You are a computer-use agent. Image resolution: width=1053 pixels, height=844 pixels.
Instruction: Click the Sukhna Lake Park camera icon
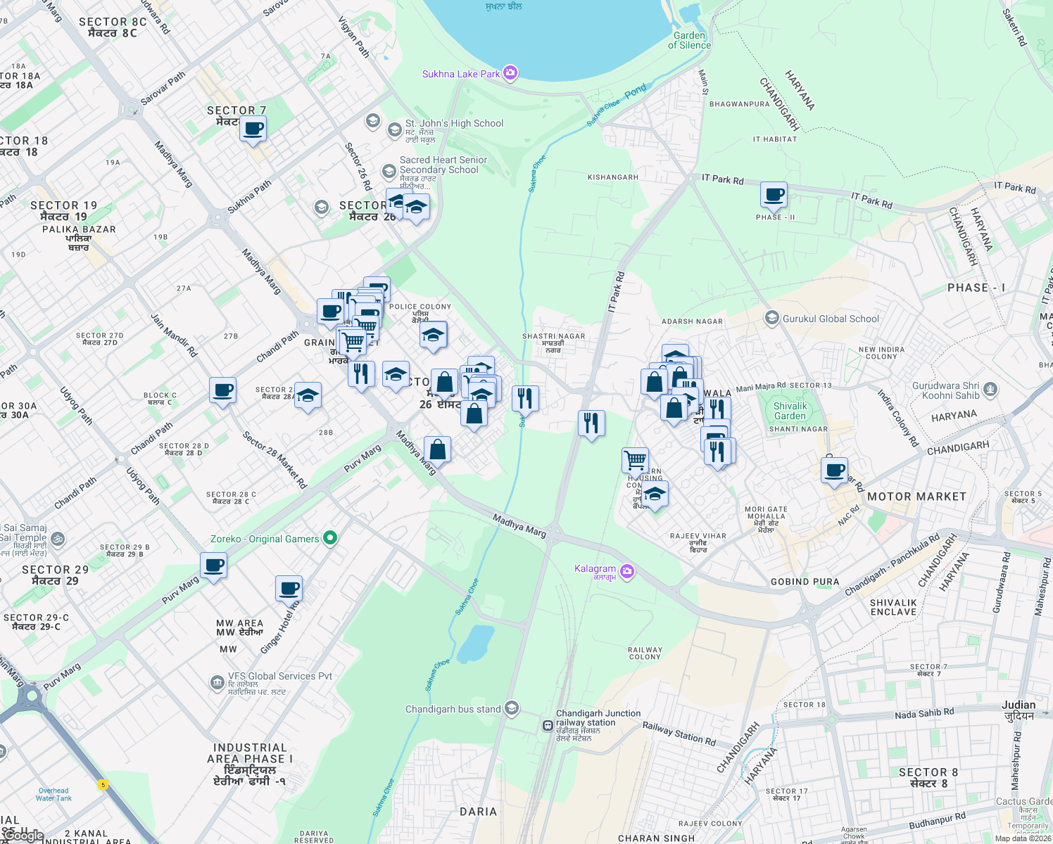point(511,73)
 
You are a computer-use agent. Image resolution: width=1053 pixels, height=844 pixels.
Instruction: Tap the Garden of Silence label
point(689,41)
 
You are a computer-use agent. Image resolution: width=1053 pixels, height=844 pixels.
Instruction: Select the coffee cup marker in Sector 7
point(253,129)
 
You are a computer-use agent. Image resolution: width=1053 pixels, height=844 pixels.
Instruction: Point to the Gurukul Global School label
point(831,319)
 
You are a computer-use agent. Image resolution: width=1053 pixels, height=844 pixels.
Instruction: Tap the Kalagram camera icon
point(626,571)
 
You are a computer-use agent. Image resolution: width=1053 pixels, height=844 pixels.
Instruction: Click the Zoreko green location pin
point(329,539)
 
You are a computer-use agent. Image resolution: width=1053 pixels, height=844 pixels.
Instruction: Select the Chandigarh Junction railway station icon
point(548,725)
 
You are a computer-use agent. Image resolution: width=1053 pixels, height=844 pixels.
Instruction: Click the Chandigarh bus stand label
point(453,709)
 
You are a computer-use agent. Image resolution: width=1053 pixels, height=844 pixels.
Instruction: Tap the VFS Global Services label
point(279,676)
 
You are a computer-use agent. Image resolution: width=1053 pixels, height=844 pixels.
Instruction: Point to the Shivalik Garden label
point(790,411)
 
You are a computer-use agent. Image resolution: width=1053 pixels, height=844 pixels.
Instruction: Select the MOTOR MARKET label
point(916,497)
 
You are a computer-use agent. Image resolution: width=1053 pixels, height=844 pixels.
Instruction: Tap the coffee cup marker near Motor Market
point(834,469)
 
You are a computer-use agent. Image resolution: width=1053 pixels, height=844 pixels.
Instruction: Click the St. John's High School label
point(454,123)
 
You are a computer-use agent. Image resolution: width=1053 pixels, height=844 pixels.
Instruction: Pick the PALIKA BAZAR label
point(79,229)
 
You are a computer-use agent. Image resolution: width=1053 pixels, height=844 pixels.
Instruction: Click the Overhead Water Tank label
point(53,794)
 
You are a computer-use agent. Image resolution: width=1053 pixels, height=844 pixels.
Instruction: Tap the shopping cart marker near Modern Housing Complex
point(635,460)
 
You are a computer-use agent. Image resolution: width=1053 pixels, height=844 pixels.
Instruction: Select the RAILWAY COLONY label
point(645,653)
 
